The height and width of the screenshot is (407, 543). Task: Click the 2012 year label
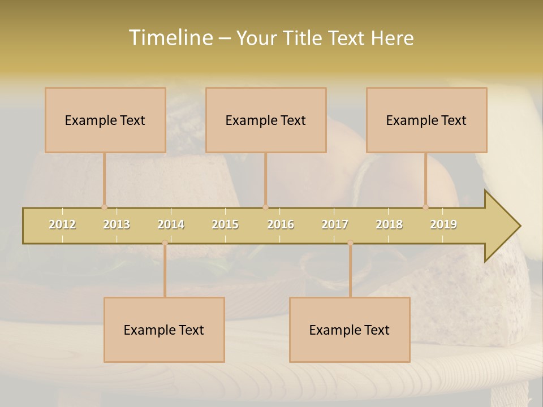pos(62,224)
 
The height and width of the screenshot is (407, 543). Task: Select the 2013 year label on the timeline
pos(117,224)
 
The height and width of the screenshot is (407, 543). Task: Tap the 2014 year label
pos(171,224)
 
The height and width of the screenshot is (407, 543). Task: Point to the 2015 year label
pos(225,224)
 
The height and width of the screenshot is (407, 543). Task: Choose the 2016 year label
pos(281,224)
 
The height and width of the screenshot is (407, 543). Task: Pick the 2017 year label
pos(335,224)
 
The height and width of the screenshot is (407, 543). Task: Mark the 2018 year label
pos(389,224)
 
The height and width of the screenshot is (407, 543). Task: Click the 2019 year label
pos(443,224)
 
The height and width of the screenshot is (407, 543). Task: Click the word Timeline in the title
pos(170,38)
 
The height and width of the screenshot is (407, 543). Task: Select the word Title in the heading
pos(305,38)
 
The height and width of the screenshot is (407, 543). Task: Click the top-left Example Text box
pos(105,120)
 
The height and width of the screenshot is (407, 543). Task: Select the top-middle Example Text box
pos(266,120)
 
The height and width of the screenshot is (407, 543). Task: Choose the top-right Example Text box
pos(426,120)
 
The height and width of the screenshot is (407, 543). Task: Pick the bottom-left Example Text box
pos(164,330)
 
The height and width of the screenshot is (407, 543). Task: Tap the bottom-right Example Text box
pos(350,330)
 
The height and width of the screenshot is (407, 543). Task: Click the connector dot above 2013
pos(104,207)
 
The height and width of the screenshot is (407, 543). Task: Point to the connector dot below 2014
pos(165,243)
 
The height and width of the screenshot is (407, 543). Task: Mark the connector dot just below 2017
pos(350,243)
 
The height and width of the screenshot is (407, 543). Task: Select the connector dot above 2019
pos(425,207)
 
